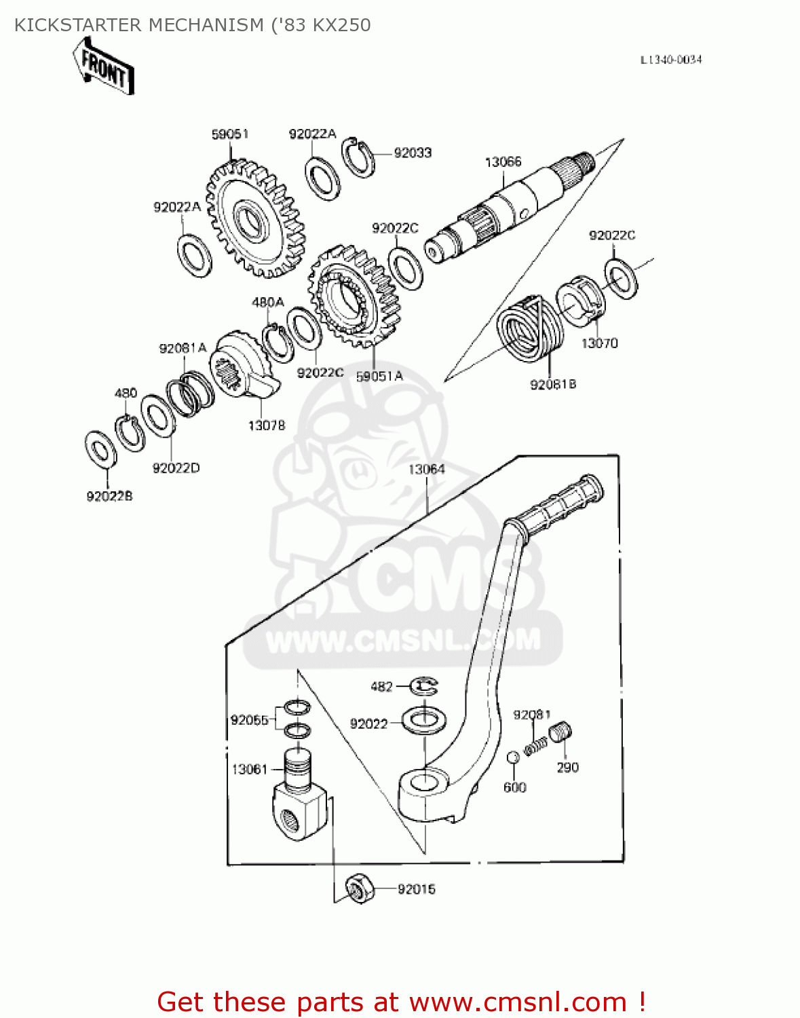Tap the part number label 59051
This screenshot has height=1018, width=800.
point(230,134)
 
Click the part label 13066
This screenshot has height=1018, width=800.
point(503,162)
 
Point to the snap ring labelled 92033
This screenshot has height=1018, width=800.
point(358,158)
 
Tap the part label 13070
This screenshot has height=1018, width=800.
point(599,343)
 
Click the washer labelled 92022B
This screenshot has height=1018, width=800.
point(101,449)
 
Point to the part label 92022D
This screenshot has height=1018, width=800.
point(176,468)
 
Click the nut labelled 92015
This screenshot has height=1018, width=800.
point(360,888)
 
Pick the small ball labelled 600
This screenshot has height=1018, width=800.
point(514,757)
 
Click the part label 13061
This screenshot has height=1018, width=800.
point(250,769)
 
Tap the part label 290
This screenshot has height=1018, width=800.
point(567,768)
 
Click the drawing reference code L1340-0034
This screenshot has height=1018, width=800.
point(671,60)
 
